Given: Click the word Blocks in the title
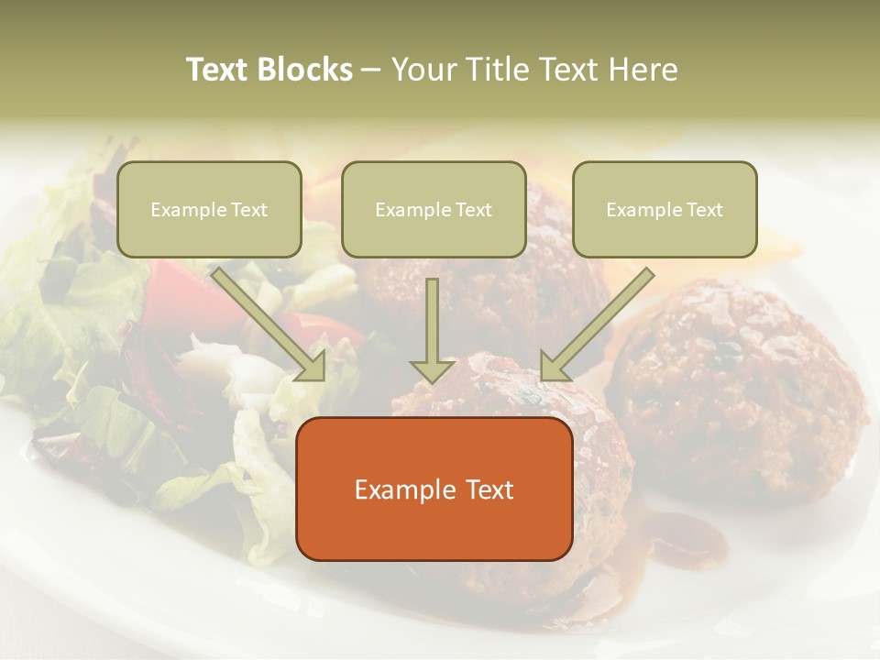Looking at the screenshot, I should pos(305,70).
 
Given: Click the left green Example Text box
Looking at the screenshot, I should pos(209,209).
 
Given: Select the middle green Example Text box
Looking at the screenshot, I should pos(434,209).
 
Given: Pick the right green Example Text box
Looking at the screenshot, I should pos(665,209).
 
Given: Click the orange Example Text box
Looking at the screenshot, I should pos(434,489).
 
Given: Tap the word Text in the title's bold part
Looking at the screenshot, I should pos(219,70).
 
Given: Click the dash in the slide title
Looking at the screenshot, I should pos(371,70).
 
